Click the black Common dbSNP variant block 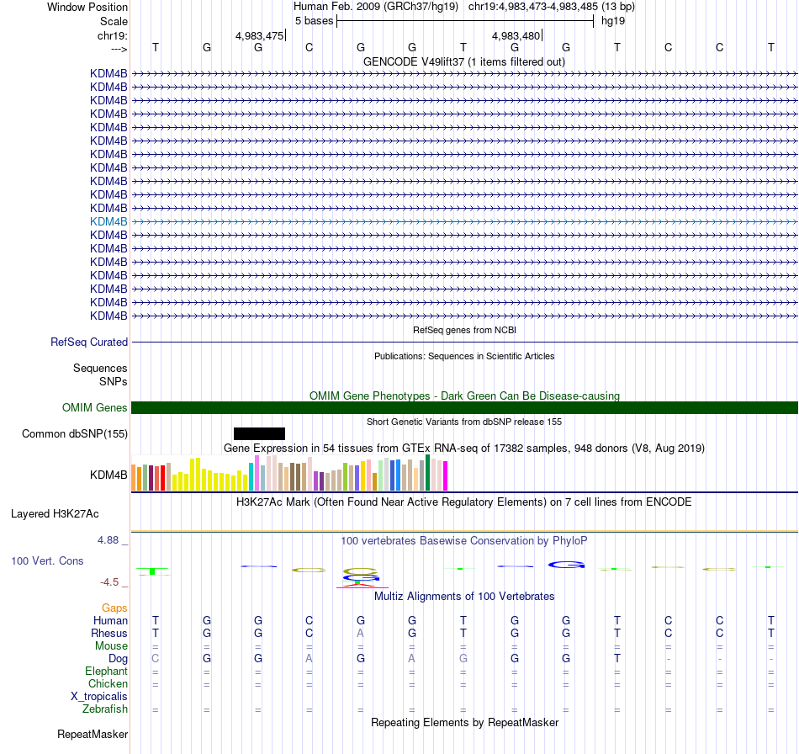click(x=259, y=433)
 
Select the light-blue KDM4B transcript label click(x=108, y=221)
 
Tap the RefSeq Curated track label click(x=89, y=342)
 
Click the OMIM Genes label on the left click(x=95, y=408)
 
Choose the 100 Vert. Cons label click(x=47, y=560)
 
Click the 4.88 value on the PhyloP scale click(x=112, y=539)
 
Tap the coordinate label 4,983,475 click(x=259, y=36)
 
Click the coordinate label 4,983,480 click(x=516, y=36)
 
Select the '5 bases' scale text click(x=314, y=20)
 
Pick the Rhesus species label click(x=109, y=633)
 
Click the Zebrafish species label click(x=105, y=709)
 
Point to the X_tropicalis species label click(x=99, y=697)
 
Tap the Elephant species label click(x=106, y=672)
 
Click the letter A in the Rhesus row click(x=360, y=633)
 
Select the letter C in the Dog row click(x=155, y=658)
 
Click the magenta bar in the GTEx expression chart click(x=445, y=476)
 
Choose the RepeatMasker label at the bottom click(x=93, y=735)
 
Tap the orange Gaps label click(x=114, y=608)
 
